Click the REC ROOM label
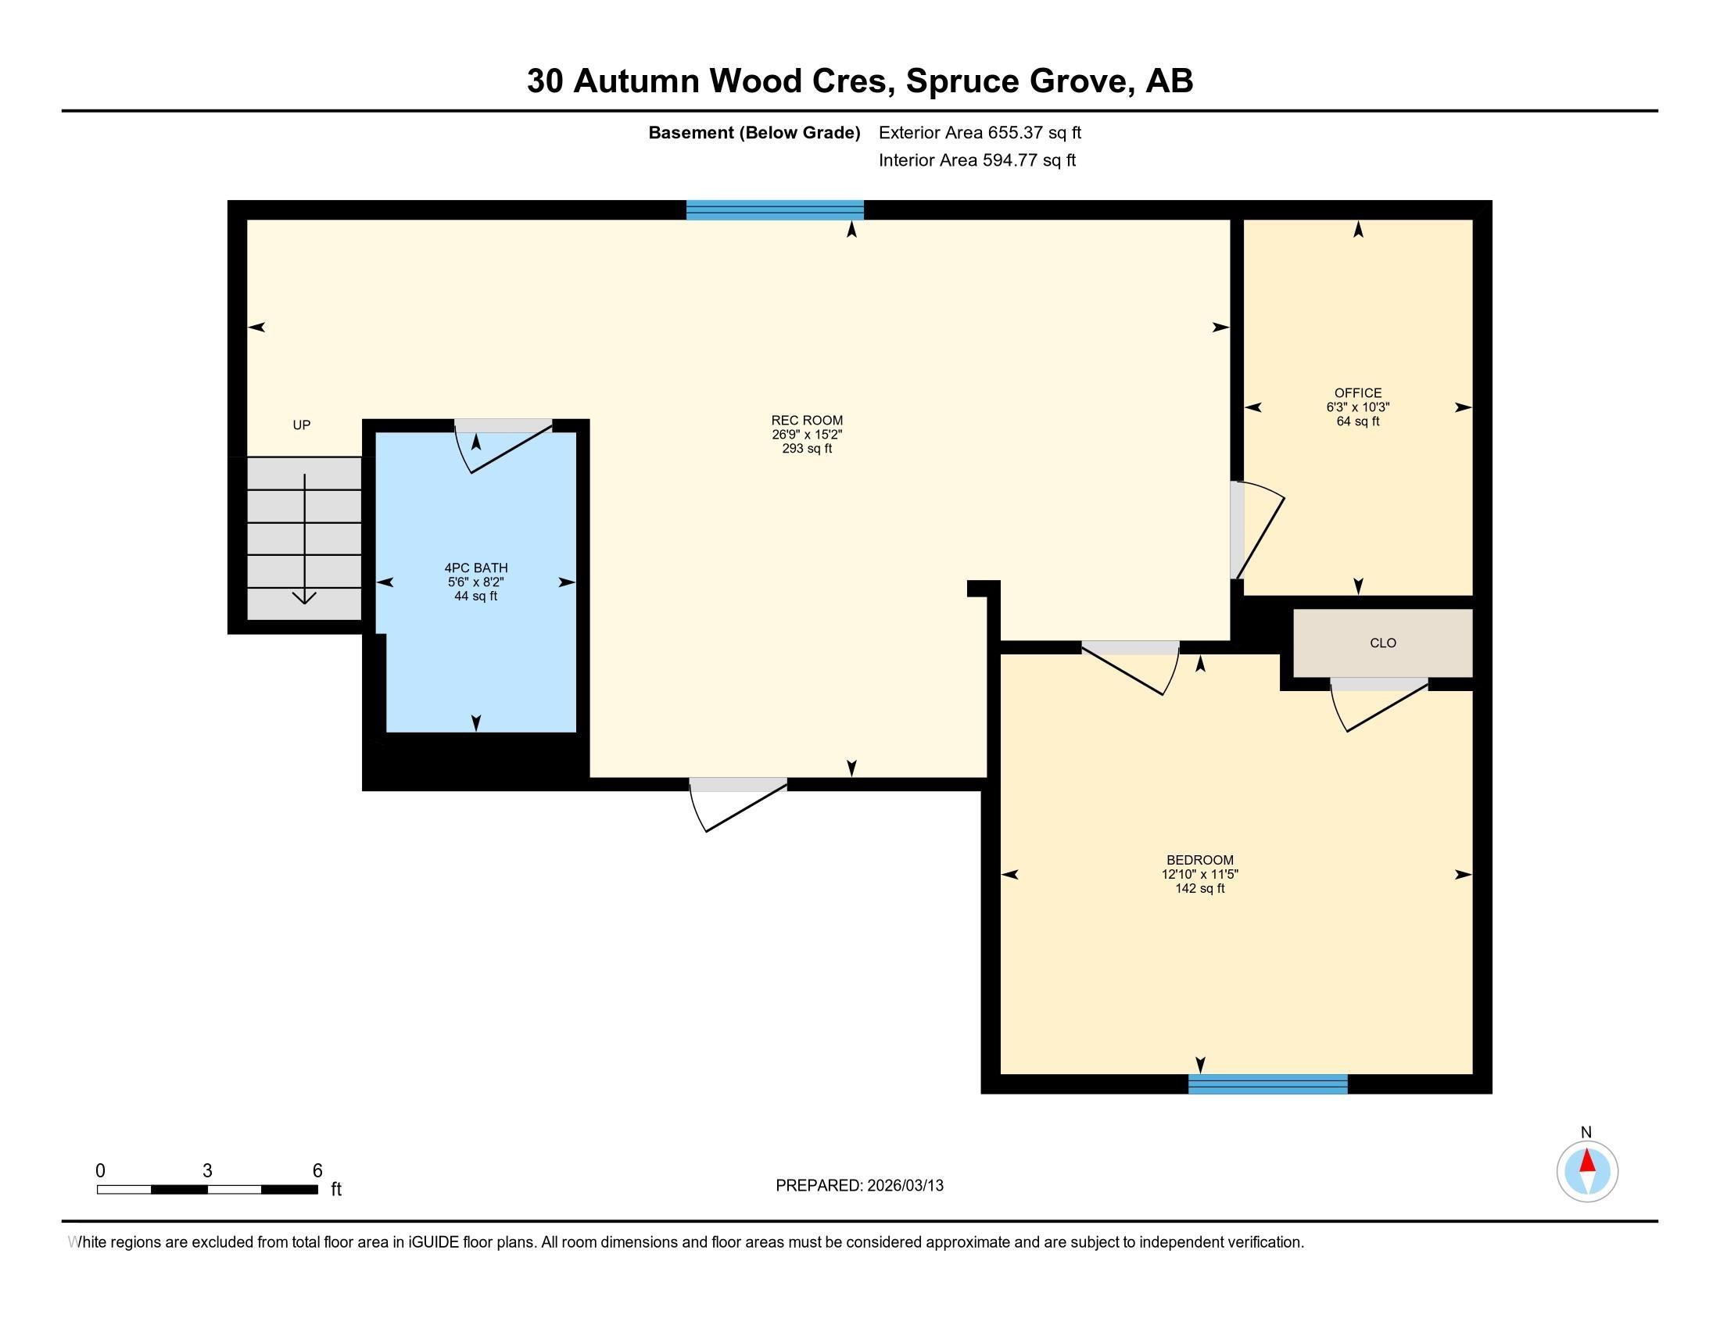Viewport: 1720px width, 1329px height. point(807,421)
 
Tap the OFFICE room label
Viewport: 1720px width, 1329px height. point(1357,393)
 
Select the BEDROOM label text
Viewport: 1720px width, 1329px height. point(1199,860)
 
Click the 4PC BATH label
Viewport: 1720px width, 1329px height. point(475,568)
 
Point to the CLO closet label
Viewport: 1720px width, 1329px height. point(1382,643)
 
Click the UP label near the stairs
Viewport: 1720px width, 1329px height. point(302,425)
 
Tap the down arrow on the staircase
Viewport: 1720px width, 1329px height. point(305,596)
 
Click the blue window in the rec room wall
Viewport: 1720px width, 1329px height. point(774,210)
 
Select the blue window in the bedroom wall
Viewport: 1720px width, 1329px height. point(1267,1084)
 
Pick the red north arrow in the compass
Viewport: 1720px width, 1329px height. point(1587,1161)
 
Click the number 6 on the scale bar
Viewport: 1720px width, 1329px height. point(317,1171)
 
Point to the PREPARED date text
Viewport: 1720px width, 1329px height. point(859,1186)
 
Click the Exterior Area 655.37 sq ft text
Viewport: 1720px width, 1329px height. point(980,133)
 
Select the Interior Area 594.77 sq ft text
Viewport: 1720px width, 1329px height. point(976,160)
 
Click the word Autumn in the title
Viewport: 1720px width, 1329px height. point(636,81)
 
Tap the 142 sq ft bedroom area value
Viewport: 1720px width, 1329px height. point(1199,889)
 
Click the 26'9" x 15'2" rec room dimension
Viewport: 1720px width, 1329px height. point(807,435)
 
